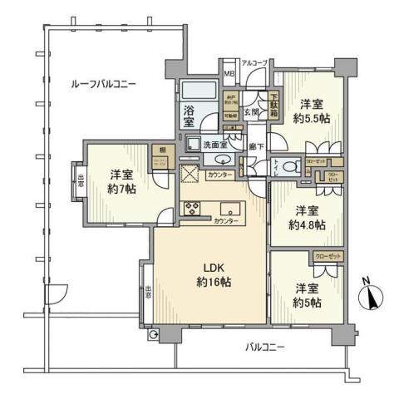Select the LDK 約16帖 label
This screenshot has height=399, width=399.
click(214, 276)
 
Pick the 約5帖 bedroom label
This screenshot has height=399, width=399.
click(307, 295)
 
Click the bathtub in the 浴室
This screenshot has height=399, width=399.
click(198, 91)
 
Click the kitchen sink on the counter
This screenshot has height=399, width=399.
click(228, 208)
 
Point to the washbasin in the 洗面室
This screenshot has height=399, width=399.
click(222, 159)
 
